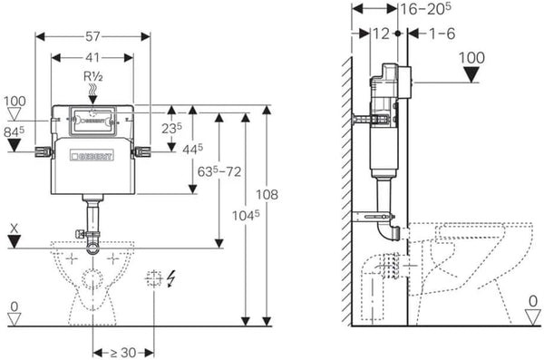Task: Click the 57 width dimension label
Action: coord(92,36)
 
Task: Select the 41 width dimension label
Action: coord(92,58)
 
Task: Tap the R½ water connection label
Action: coord(93,76)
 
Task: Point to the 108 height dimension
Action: coord(267,194)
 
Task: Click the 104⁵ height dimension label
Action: coord(246,215)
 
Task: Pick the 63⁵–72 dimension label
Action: coord(219,171)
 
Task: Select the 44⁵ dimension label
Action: coord(192,150)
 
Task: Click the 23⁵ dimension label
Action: coord(171,129)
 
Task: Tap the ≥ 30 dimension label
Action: coord(123,353)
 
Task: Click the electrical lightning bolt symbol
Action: coord(170,278)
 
